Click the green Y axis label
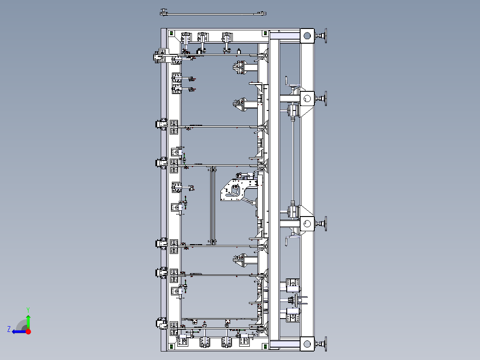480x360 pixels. (28, 310)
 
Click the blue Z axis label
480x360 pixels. (9, 329)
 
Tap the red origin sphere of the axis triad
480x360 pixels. (28, 331)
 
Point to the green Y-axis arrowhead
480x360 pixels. (28, 317)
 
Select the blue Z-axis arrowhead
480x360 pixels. (14, 332)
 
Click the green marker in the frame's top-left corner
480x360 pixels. (171, 33)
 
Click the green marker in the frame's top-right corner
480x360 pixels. (265, 33)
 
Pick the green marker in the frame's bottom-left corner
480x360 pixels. (171, 347)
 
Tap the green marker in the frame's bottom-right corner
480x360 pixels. (265, 347)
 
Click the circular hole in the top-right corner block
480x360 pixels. (307, 36)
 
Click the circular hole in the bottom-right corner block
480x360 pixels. (307, 344)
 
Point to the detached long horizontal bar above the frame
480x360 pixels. (213, 13)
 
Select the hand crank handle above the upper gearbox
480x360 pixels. (287, 81)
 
